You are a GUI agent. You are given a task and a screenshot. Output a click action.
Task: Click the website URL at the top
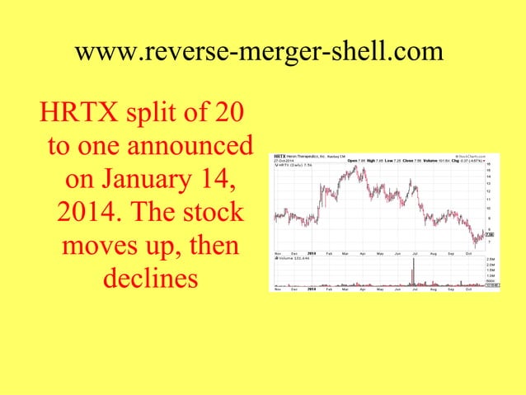click(259, 51)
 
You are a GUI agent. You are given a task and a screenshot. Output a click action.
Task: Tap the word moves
click(99, 245)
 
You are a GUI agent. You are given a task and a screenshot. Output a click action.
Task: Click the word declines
click(150, 278)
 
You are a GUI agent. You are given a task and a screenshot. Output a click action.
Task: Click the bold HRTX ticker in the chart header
click(279, 154)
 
